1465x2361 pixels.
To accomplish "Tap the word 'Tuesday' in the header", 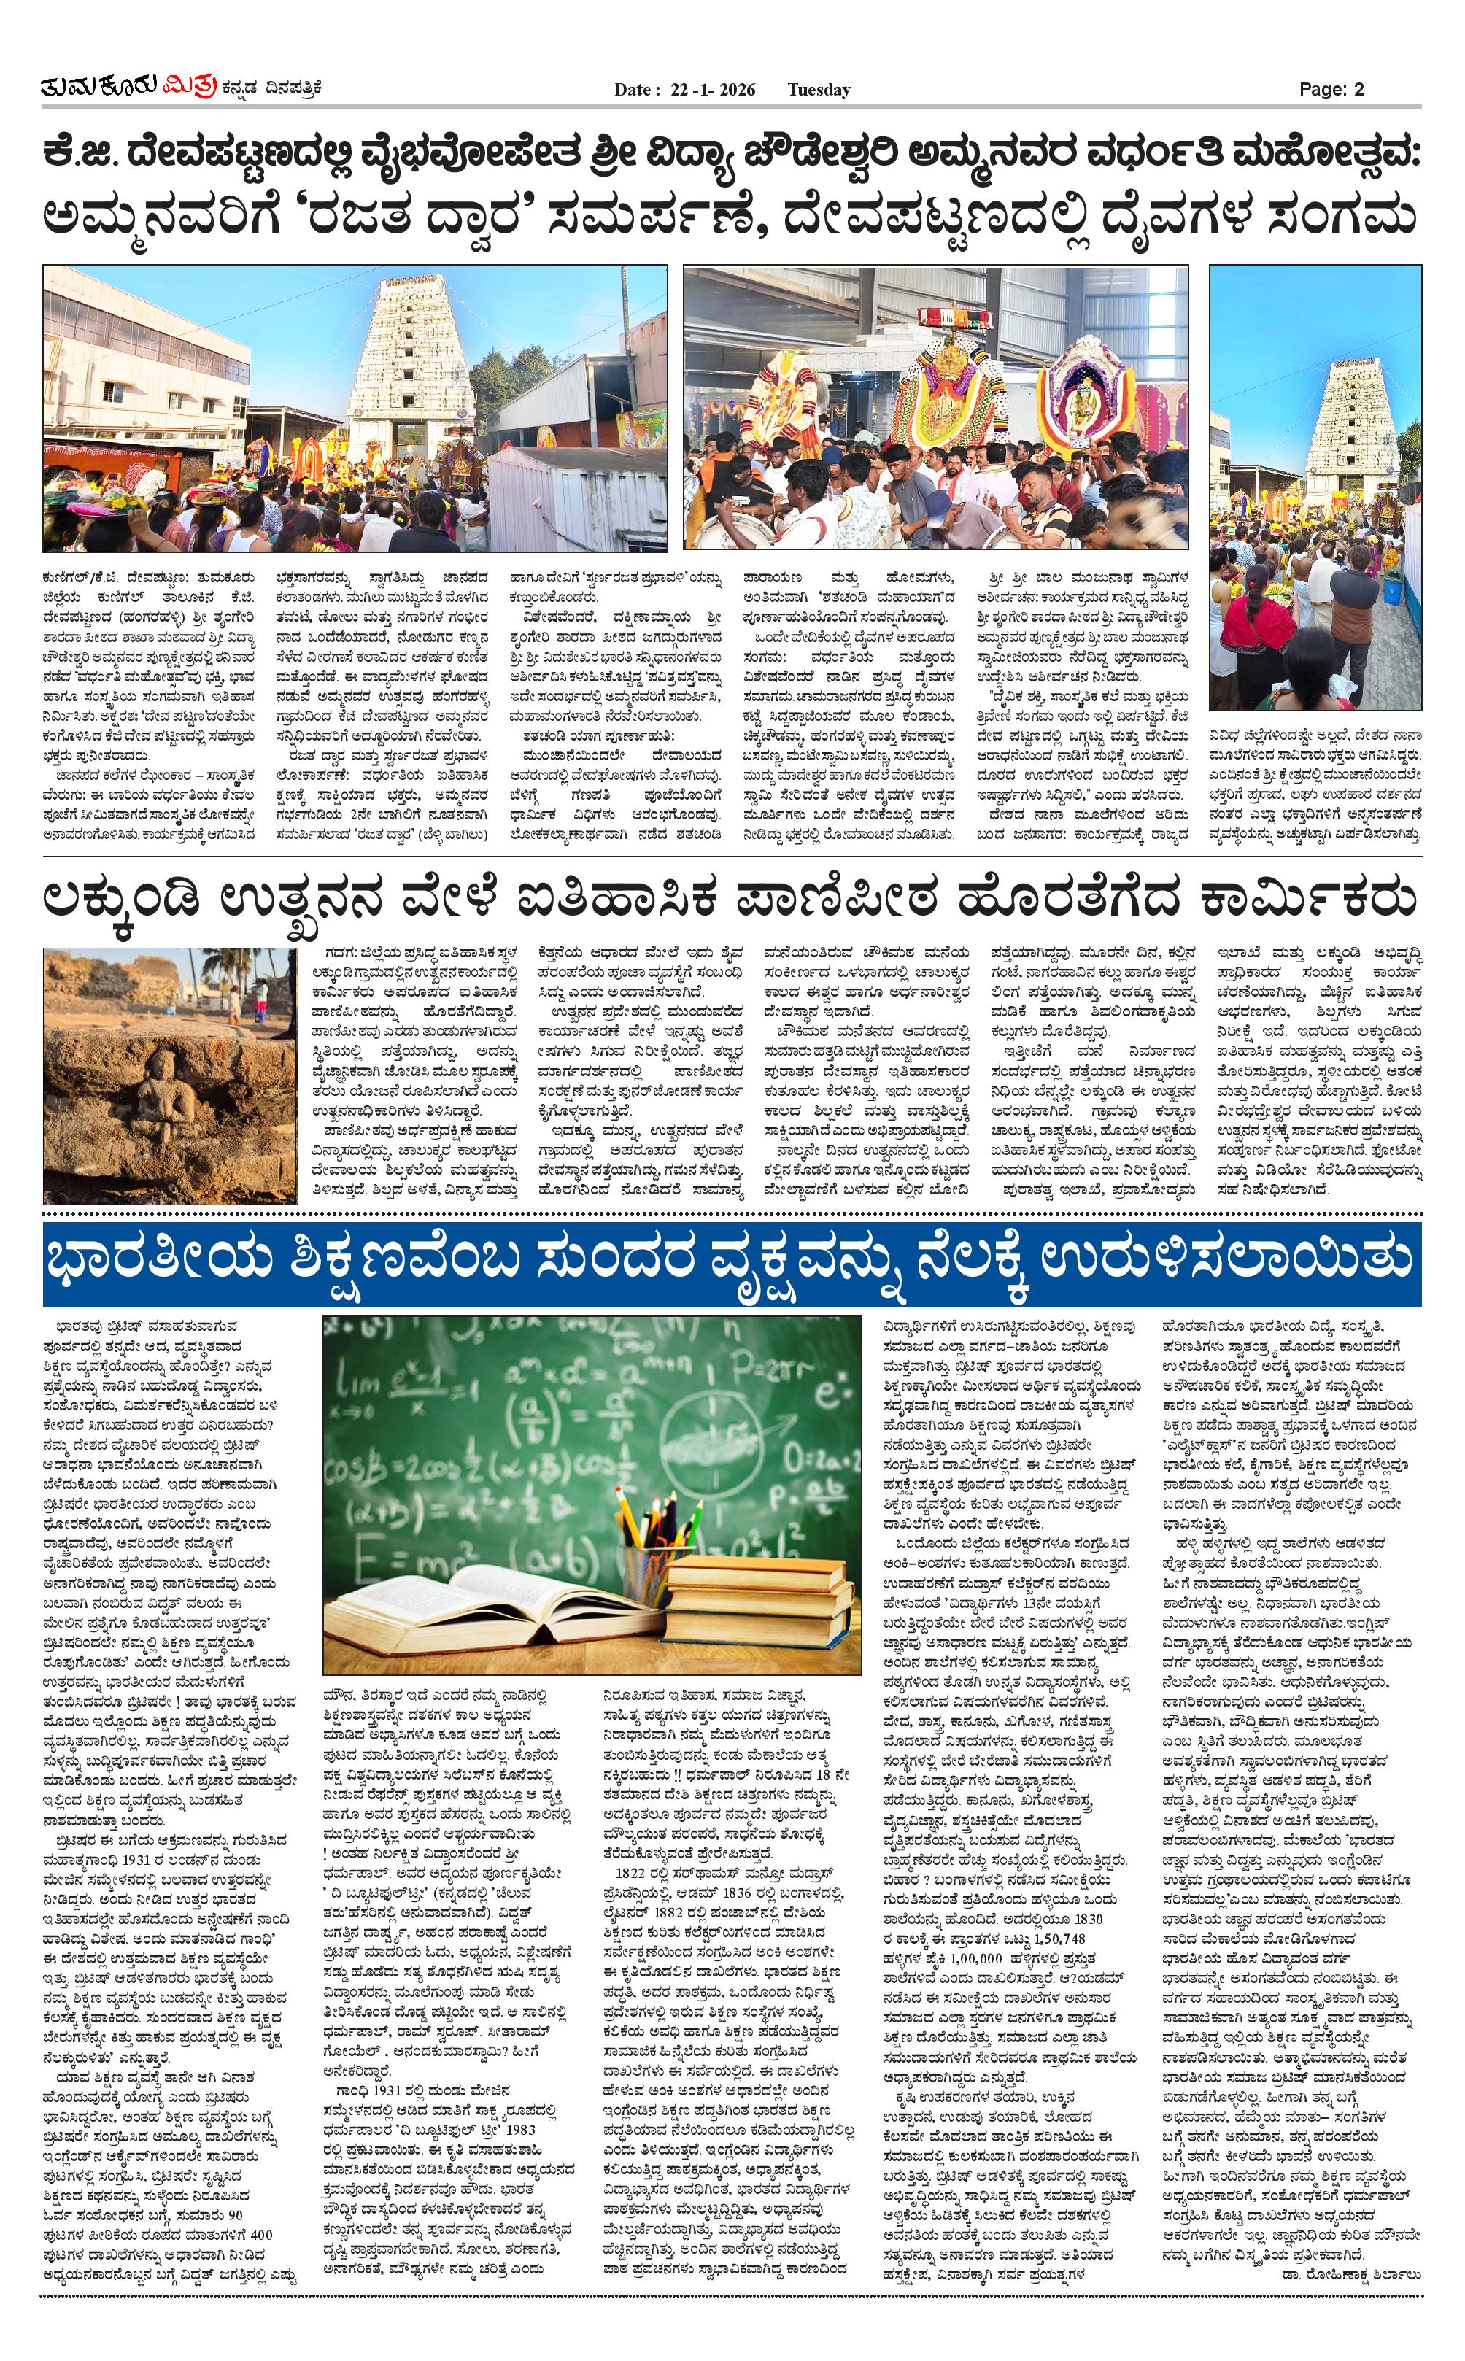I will pos(818,90).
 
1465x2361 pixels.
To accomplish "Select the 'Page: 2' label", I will pos(1331,89).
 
